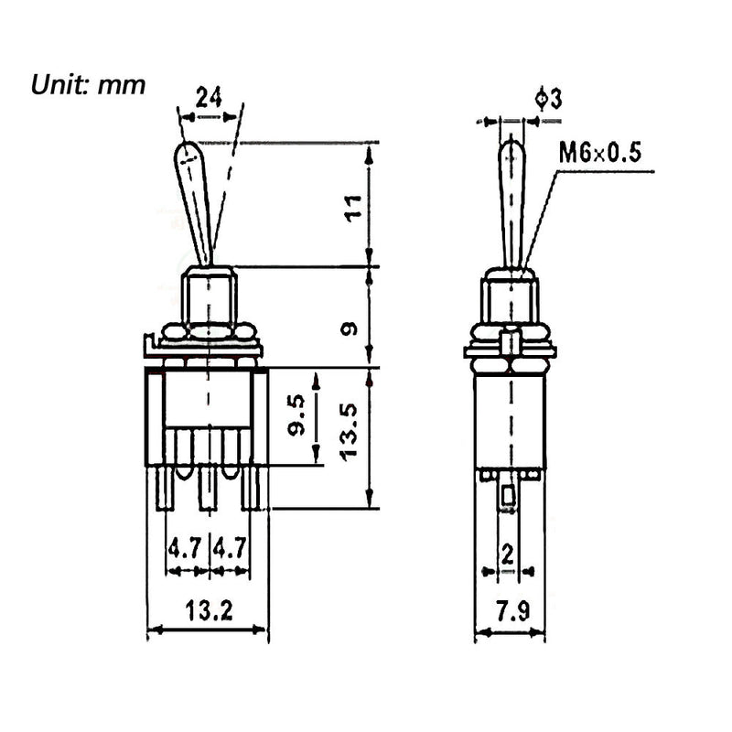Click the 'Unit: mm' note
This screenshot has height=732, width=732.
(x=89, y=85)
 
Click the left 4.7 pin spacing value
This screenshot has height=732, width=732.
(x=186, y=549)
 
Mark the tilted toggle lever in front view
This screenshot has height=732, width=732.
(x=200, y=201)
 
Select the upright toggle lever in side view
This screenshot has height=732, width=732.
(x=511, y=201)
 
